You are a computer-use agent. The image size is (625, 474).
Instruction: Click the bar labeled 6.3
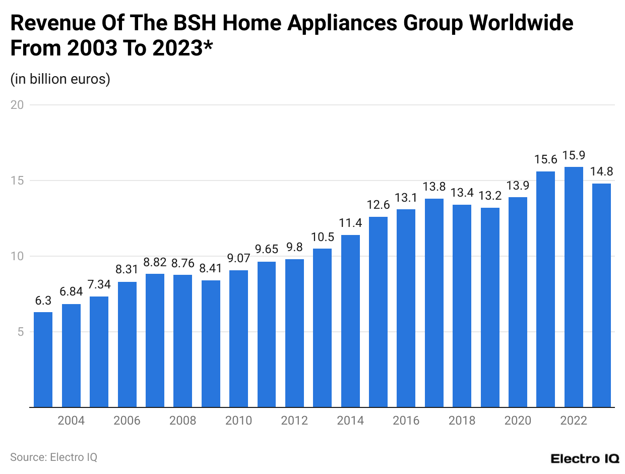pos(43,360)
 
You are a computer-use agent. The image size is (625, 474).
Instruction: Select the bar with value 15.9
pos(574,287)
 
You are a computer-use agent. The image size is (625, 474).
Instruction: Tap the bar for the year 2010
pos(238,338)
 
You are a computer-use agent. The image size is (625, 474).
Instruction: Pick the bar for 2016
pos(406,308)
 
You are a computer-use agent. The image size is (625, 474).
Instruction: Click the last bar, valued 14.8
pos(601,295)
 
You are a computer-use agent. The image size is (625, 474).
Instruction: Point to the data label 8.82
pos(155,262)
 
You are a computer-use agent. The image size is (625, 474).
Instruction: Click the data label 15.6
pos(545,160)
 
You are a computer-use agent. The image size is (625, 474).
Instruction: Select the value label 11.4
pos(350,223)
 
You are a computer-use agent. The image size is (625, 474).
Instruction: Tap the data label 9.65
pos(267,250)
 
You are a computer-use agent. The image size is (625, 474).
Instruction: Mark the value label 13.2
pos(490,196)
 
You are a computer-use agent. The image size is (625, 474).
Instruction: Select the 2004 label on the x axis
pos(71,421)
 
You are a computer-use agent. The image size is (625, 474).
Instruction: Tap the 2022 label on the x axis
pos(574,421)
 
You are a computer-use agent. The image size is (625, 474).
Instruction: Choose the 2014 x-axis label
pos(350,421)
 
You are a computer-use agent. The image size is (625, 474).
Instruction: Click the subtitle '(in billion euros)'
pos(60,79)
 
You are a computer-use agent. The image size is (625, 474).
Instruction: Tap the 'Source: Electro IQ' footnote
pos(53,457)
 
